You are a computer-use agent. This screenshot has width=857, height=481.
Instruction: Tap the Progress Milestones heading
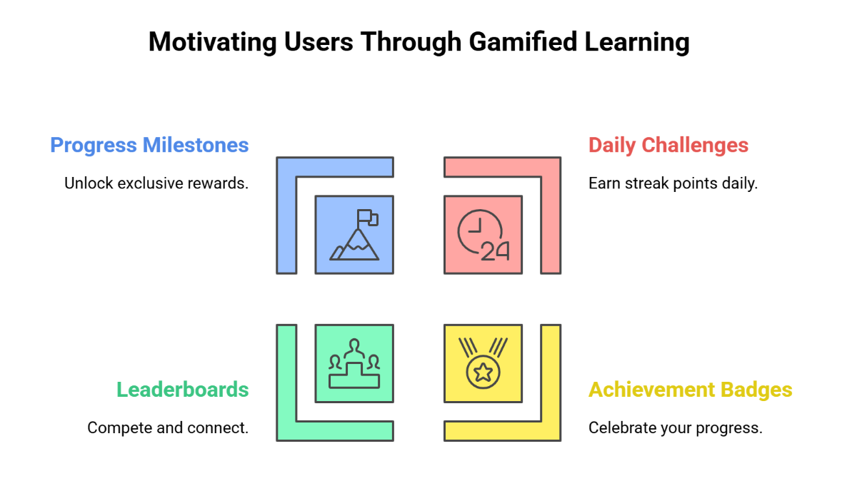pos(149,146)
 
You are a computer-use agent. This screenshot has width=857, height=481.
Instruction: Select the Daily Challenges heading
pos(668,146)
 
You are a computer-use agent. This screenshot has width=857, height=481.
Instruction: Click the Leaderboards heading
pos(183,390)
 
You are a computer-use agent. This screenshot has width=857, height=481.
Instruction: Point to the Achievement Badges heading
pos(690,390)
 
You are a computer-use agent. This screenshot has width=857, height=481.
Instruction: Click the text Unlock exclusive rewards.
pos(156,183)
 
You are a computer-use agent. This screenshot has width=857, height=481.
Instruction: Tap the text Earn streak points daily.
pos(673,183)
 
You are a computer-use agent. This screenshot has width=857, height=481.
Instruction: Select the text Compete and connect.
pos(168,427)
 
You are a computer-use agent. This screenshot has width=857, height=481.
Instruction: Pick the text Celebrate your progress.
pos(676,427)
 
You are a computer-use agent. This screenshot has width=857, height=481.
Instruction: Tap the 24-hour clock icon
pos(483,234)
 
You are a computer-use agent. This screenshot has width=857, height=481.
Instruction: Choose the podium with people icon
pos(354,363)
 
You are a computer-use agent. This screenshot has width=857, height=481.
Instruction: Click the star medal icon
pos(483,363)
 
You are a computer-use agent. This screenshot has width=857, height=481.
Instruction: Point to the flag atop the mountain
pos(367,216)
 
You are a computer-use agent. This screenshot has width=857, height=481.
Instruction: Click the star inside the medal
pos(483,372)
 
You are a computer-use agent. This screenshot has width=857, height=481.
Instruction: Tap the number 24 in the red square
pos(494,250)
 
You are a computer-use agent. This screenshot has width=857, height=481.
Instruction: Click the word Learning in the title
pos(637,42)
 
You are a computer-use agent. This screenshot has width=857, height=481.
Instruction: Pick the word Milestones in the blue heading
pos(196,146)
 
